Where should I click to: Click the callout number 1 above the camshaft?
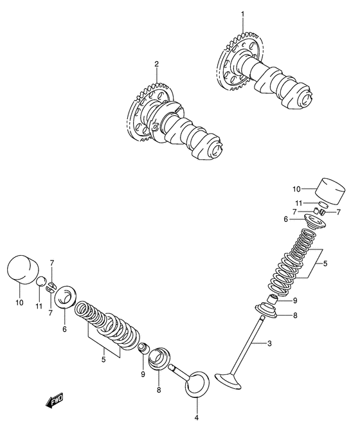point(243,14)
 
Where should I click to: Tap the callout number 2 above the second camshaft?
point(156,64)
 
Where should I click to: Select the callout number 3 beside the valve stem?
point(269,343)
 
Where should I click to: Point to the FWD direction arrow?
point(54,400)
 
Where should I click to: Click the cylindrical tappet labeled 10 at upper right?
point(330,191)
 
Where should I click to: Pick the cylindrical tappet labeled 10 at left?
point(22,270)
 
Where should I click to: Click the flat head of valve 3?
point(229,381)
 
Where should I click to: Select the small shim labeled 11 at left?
point(42,282)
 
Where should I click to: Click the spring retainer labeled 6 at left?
point(65,297)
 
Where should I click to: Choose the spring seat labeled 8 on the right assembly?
point(266,310)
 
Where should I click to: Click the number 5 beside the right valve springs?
point(325,264)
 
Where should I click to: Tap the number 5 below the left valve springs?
point(104,359)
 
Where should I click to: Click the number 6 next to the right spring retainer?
point(285,219)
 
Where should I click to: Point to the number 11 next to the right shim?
point(298,203)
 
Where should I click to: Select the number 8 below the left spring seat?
point(159,390)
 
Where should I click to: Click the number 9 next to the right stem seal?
point(294,301)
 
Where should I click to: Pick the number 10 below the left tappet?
point(19,303)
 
